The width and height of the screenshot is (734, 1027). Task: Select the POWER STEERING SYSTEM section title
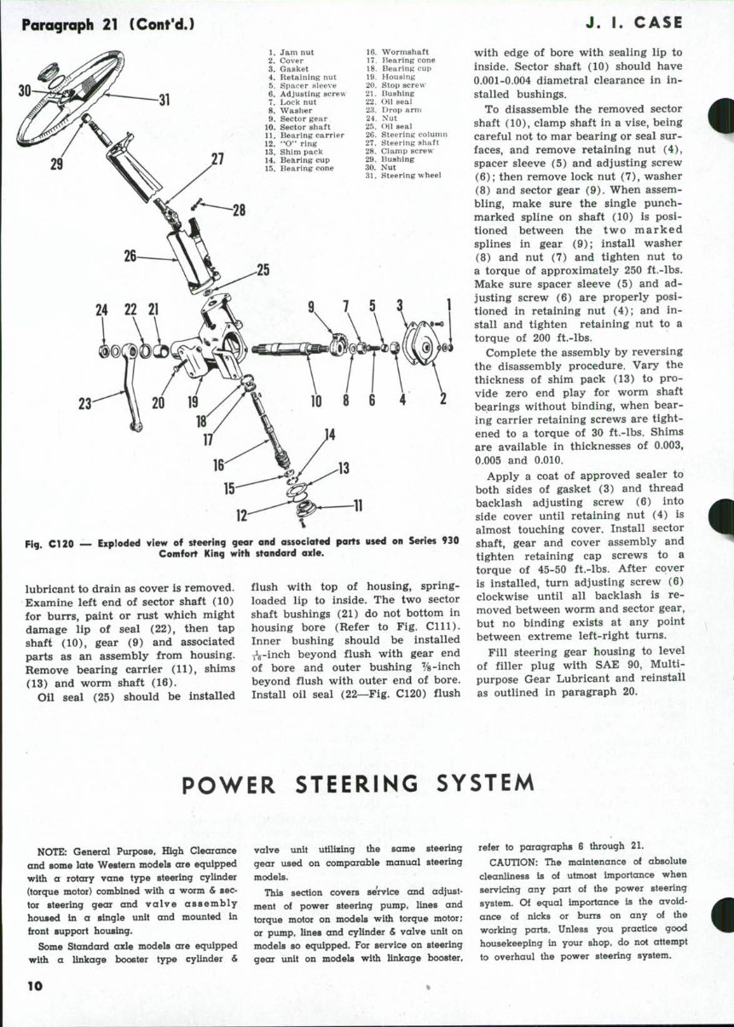[x=359, y=782]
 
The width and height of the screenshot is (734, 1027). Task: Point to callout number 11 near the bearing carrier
[x=358, y=505]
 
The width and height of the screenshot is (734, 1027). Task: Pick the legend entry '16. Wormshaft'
[x=390, y=53]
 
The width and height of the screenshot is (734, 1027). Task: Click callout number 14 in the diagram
[x=329, y=436]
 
